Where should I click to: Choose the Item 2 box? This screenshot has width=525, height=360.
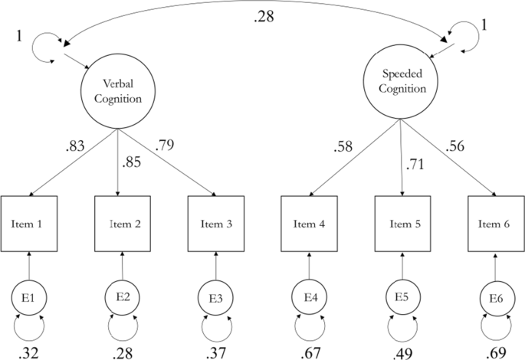click(x=123, y=224)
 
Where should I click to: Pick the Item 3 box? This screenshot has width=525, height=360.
click(x=216, y=224)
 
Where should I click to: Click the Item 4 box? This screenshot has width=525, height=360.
click(x=309, y=224)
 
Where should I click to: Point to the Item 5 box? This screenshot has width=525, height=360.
click(x=402, y=224)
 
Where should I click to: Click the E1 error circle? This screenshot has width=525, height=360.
click(x=29, y=296)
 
